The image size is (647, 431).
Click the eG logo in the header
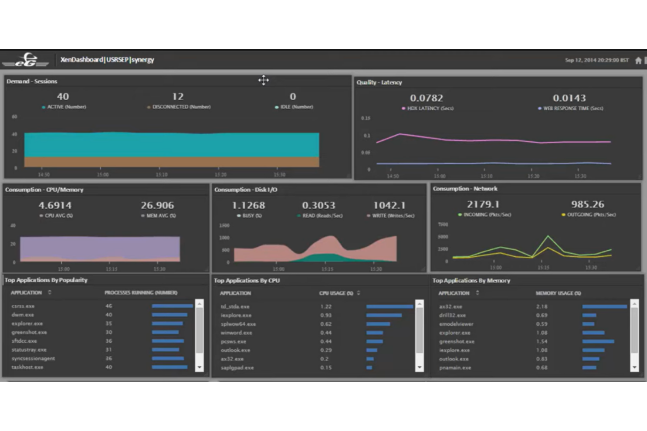point(26,60)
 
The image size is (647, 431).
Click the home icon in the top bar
point(638,60)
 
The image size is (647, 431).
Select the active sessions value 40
point(63,97)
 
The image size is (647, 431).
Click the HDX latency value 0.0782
point(426,98)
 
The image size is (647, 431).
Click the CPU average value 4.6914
point(55,205)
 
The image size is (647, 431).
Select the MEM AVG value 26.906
point(157,205)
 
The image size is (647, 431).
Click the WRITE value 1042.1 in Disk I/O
point(389,205)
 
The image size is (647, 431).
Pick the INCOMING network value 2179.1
point(483,204)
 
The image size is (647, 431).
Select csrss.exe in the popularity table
point(23,306)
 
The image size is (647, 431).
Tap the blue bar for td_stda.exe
point(390,307)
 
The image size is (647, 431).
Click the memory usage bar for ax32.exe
point(604,307)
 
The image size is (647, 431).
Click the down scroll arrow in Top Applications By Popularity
point(199,367)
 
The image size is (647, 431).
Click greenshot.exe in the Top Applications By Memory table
point(456,341)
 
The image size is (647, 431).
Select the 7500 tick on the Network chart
point(443,224)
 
